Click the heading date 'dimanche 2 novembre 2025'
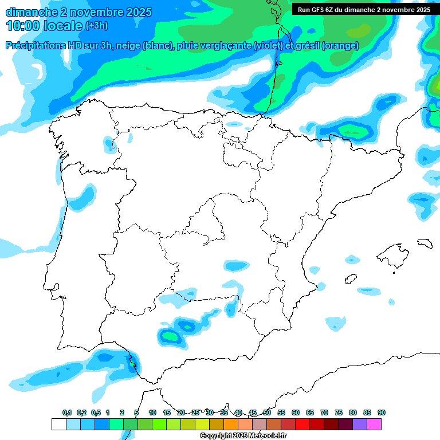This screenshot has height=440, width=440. [78, 11]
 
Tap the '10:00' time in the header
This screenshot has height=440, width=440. [22, 26]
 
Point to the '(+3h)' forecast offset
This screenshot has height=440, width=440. [96, 26]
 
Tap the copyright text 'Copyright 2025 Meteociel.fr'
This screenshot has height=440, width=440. [243, 436]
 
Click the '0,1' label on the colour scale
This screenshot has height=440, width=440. [67, 412]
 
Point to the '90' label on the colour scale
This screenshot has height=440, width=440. [382, 412]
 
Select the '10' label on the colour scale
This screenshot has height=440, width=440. [152, 412]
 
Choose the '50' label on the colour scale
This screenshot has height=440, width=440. [267, 412]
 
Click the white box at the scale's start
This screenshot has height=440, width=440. [58, 424]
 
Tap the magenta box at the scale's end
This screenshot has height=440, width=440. [374, 424]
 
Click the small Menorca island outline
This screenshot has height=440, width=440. [424, 243]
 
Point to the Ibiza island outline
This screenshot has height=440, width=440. [350, 278]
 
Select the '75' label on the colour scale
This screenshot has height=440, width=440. [339, 412]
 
